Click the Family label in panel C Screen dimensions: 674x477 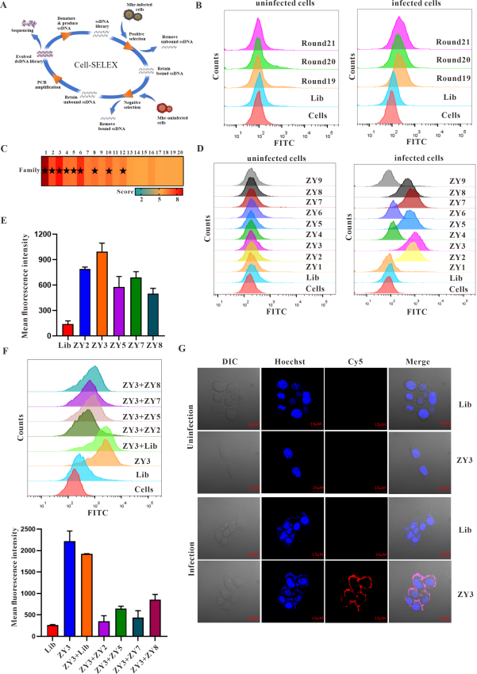[30, 170]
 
